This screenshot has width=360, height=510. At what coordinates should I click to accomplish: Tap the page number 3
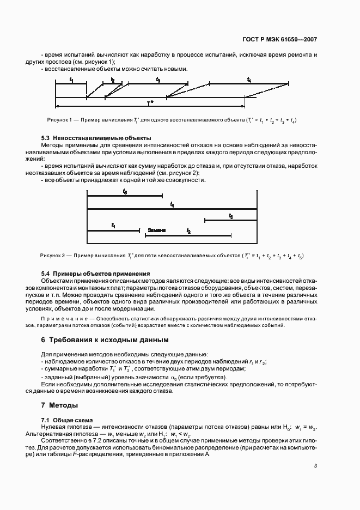pos(315,465)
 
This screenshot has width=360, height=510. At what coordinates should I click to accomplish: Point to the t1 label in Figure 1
pos(71,80)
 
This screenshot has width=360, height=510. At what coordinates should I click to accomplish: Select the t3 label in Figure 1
pos(158,80)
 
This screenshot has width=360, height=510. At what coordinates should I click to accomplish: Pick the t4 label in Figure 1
pos(249,80)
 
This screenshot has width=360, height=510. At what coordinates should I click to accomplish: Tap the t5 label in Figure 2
pos(125,192)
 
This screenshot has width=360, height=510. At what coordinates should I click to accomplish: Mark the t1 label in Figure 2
pos(113,225)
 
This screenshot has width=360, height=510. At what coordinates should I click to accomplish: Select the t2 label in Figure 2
pos(188,231)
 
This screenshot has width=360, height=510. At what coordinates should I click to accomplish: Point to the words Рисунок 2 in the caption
pos(52,255)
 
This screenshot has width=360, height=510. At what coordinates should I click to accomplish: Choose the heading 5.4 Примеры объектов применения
pos(96,273)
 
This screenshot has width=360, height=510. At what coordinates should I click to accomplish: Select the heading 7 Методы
pos(60,405)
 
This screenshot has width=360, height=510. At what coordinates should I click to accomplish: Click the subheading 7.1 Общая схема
pos(67,420)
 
